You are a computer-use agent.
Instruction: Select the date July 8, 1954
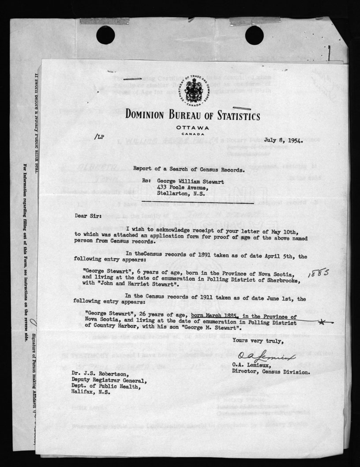pos(282,140)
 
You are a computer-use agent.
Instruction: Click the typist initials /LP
pos(99,137)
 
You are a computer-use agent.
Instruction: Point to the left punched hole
pos(105,35)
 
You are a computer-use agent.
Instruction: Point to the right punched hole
pos(254,35)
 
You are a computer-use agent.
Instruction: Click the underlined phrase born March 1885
pos(215,316)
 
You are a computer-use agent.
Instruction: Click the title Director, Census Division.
pos(271,372)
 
